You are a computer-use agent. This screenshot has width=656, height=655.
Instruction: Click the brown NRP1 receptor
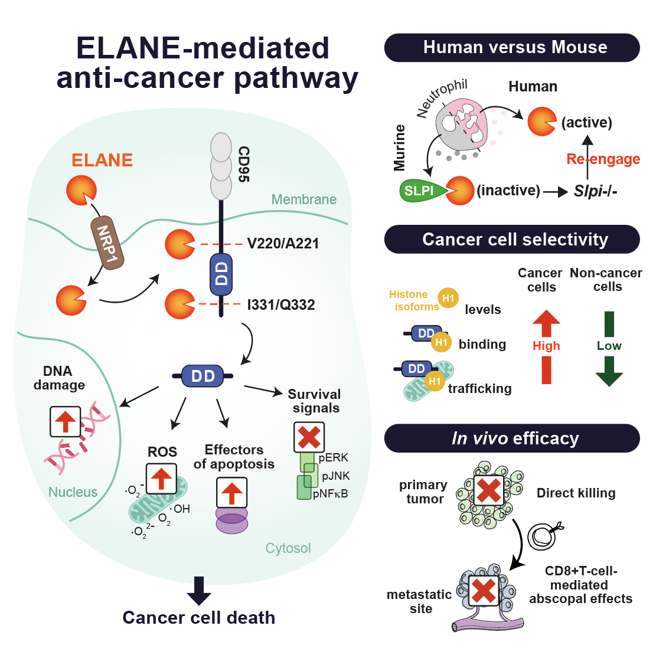pos(107,243)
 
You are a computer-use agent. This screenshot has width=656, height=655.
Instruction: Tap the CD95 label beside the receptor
pos(243,164)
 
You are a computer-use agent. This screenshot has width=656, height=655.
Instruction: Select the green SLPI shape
pos(423,191)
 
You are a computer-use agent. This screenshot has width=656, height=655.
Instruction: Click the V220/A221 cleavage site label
pos(283,243)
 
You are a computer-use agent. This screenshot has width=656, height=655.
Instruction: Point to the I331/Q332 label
pos(280,304)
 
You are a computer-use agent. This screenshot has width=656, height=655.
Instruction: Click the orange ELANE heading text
pos(102,160)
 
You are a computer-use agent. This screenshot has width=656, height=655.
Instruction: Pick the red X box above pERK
pos(309,437)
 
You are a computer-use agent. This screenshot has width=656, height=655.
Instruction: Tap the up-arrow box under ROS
pos(161,479)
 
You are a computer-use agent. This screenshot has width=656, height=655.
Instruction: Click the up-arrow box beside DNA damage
pos(66,421)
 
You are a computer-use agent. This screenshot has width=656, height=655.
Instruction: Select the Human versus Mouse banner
pos(512,48)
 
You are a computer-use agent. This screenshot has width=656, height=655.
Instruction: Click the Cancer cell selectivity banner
pos(512,240)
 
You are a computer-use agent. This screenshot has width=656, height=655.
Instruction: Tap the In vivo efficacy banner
pos(512,438)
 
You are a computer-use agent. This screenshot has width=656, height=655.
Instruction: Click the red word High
pos(546,346)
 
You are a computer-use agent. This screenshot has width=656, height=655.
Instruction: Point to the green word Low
pos(609,346)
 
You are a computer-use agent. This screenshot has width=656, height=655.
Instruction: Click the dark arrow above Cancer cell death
pos(199,591)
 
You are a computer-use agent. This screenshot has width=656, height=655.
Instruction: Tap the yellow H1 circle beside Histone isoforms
pos(448,298)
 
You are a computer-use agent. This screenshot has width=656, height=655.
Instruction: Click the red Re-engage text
pos(603,159)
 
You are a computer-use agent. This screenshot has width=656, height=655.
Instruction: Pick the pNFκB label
pos(331,494)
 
